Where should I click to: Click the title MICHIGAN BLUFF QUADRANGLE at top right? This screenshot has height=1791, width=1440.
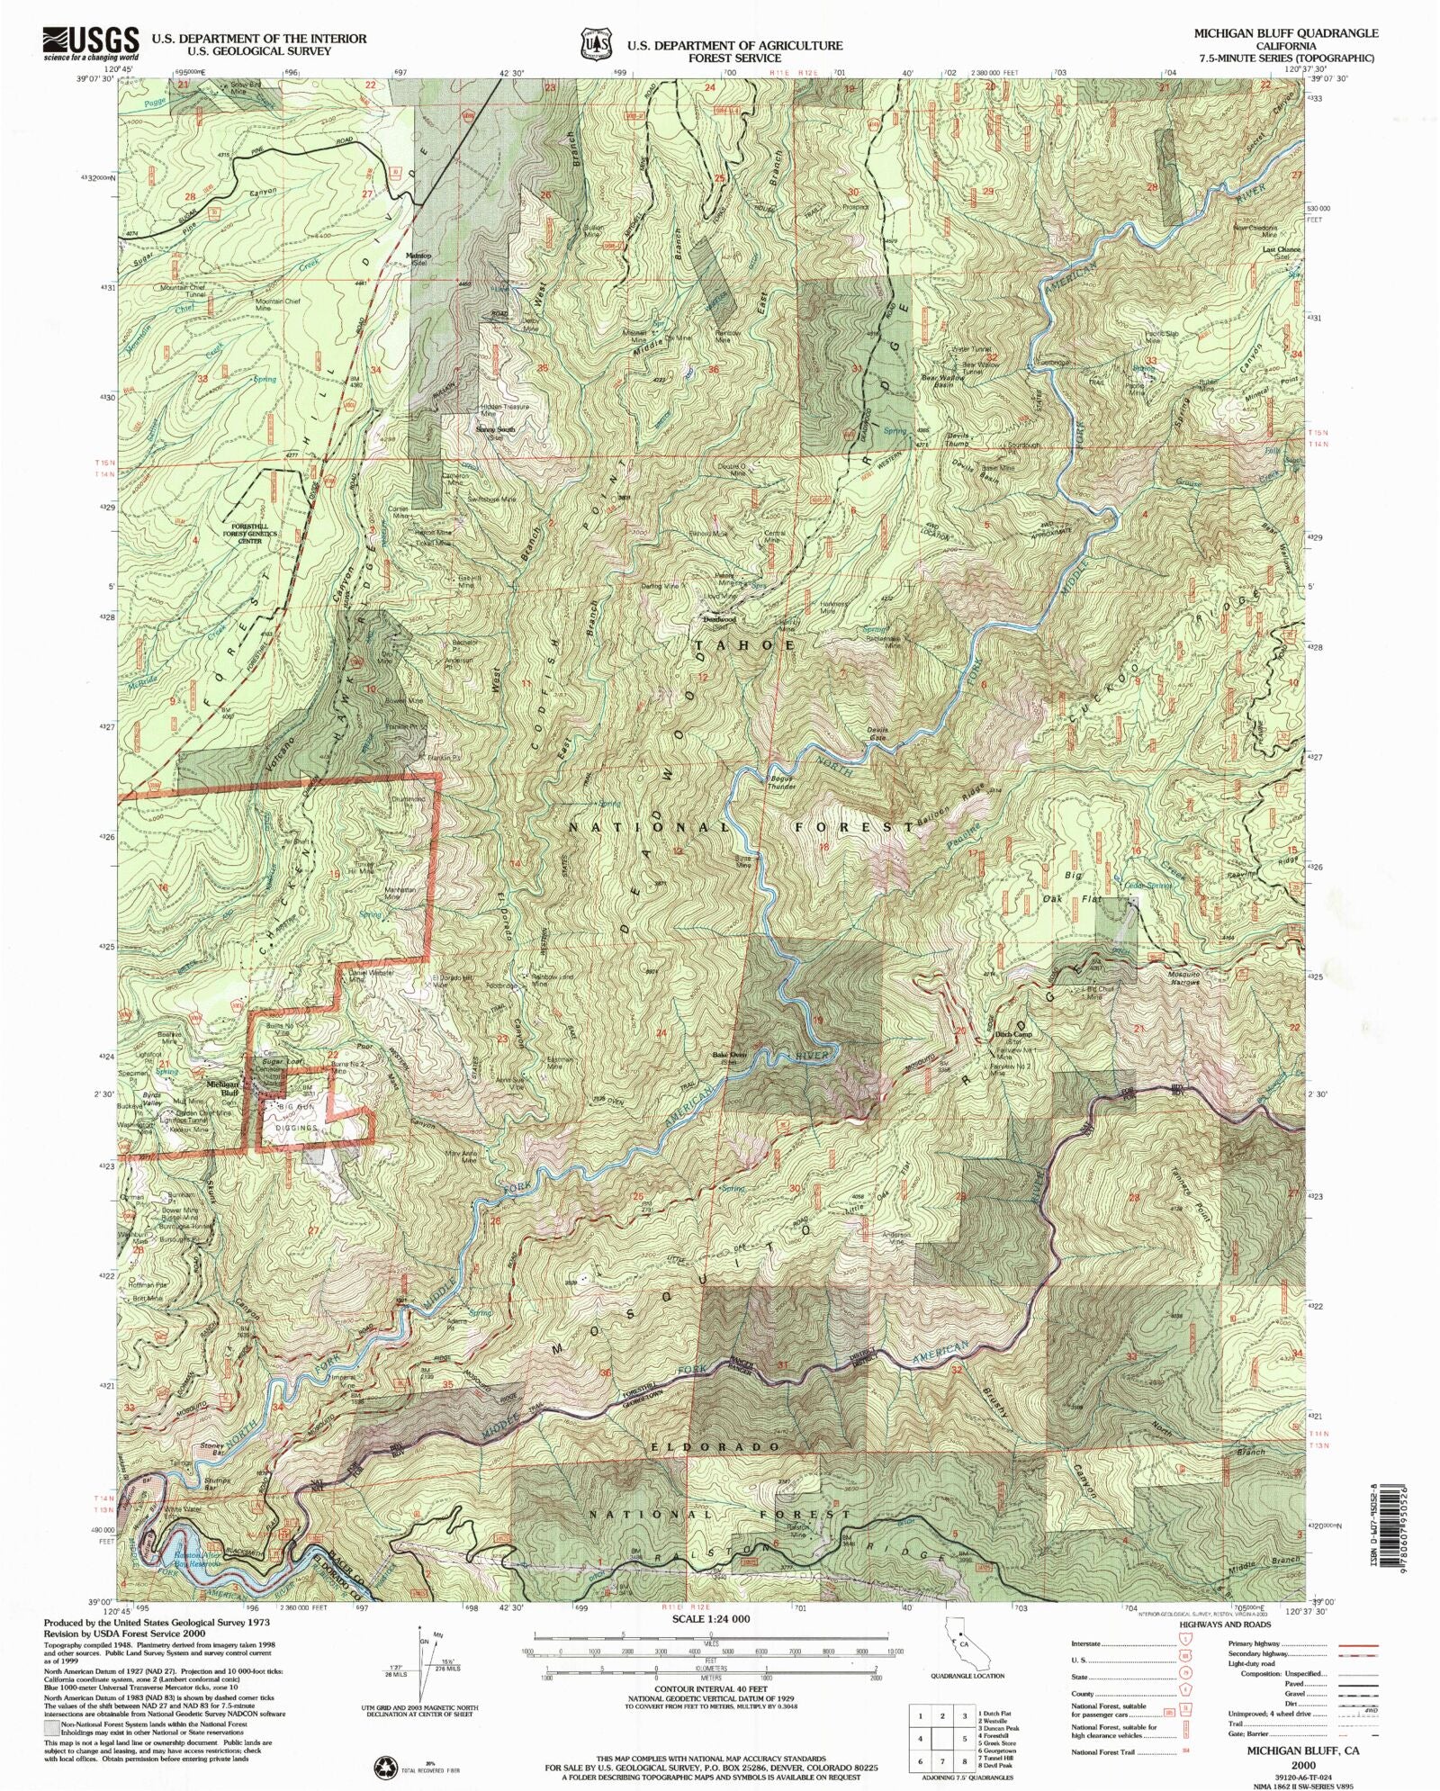point(1285,32)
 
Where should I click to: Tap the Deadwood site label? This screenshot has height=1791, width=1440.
point(720,620)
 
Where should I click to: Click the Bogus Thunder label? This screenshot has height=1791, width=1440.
point(782,782)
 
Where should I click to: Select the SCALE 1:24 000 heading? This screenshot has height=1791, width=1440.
point(710,1618)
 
